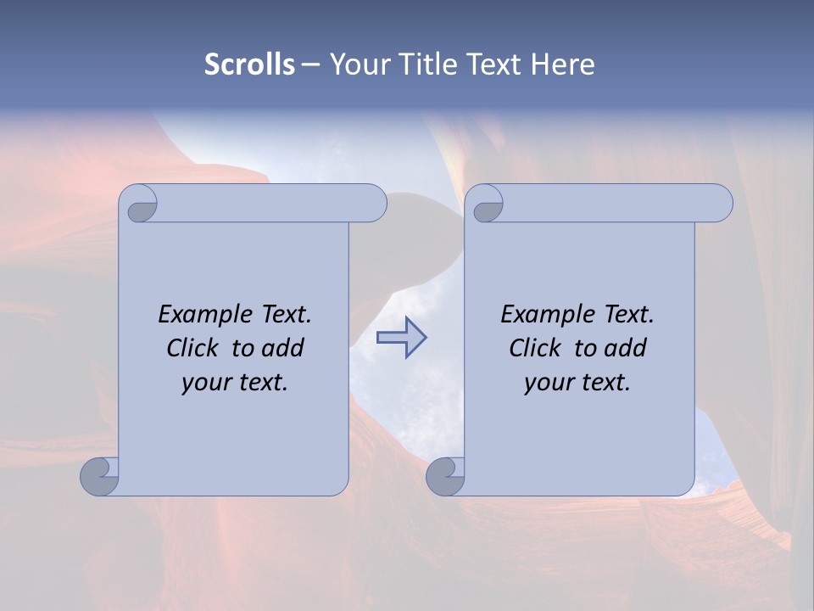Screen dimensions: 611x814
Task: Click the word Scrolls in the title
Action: (x=249, y=64)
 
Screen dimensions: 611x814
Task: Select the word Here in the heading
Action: (x=562, y=64)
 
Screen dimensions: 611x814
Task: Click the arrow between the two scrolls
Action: (x=401, y=338)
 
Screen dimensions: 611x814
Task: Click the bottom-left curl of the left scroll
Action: (x=98, y=477)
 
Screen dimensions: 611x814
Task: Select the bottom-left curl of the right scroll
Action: (x=444, y=477)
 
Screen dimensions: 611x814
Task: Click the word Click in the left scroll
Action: (x=194, y=348)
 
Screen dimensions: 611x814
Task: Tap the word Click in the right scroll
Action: (x=537, y=348)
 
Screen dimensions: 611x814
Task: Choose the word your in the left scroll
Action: (x=204, y=383)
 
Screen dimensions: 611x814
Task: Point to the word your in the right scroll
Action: (x=547, y=383)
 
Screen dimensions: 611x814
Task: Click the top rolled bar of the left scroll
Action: (x=263, y=203)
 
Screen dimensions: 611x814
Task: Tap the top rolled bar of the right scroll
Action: (x=610, y=203)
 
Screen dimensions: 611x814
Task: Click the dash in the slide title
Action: (x=310, y=64)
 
